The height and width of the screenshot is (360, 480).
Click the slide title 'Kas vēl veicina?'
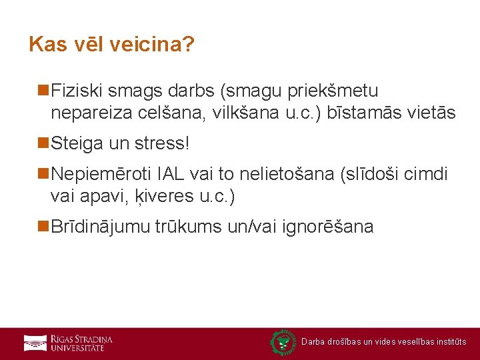(x=111, y=45)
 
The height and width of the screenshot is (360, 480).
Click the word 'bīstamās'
(x=367, y=113)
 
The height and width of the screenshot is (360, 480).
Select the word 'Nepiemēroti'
(x=102, y=175)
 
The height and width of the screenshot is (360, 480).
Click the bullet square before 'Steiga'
(x=44, y=143)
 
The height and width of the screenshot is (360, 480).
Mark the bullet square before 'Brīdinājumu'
(x=44, y=227)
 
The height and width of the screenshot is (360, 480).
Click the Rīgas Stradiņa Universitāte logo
(x=68, y=343)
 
